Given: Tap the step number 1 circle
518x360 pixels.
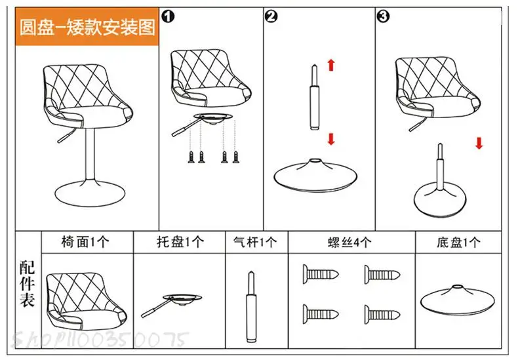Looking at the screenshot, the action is [168, 16].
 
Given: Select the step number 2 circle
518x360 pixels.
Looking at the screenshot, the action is [271, 16].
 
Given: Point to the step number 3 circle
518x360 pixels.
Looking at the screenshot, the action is [383, 16].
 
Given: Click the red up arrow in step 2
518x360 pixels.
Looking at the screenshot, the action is [331, 64].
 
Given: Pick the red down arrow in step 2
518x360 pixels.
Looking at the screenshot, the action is [331, 138].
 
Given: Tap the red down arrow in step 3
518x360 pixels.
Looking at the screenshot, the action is [479, 142].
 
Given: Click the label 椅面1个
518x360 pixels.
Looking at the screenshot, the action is [86, 242].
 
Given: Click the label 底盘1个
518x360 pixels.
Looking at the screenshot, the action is [458, 242].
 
